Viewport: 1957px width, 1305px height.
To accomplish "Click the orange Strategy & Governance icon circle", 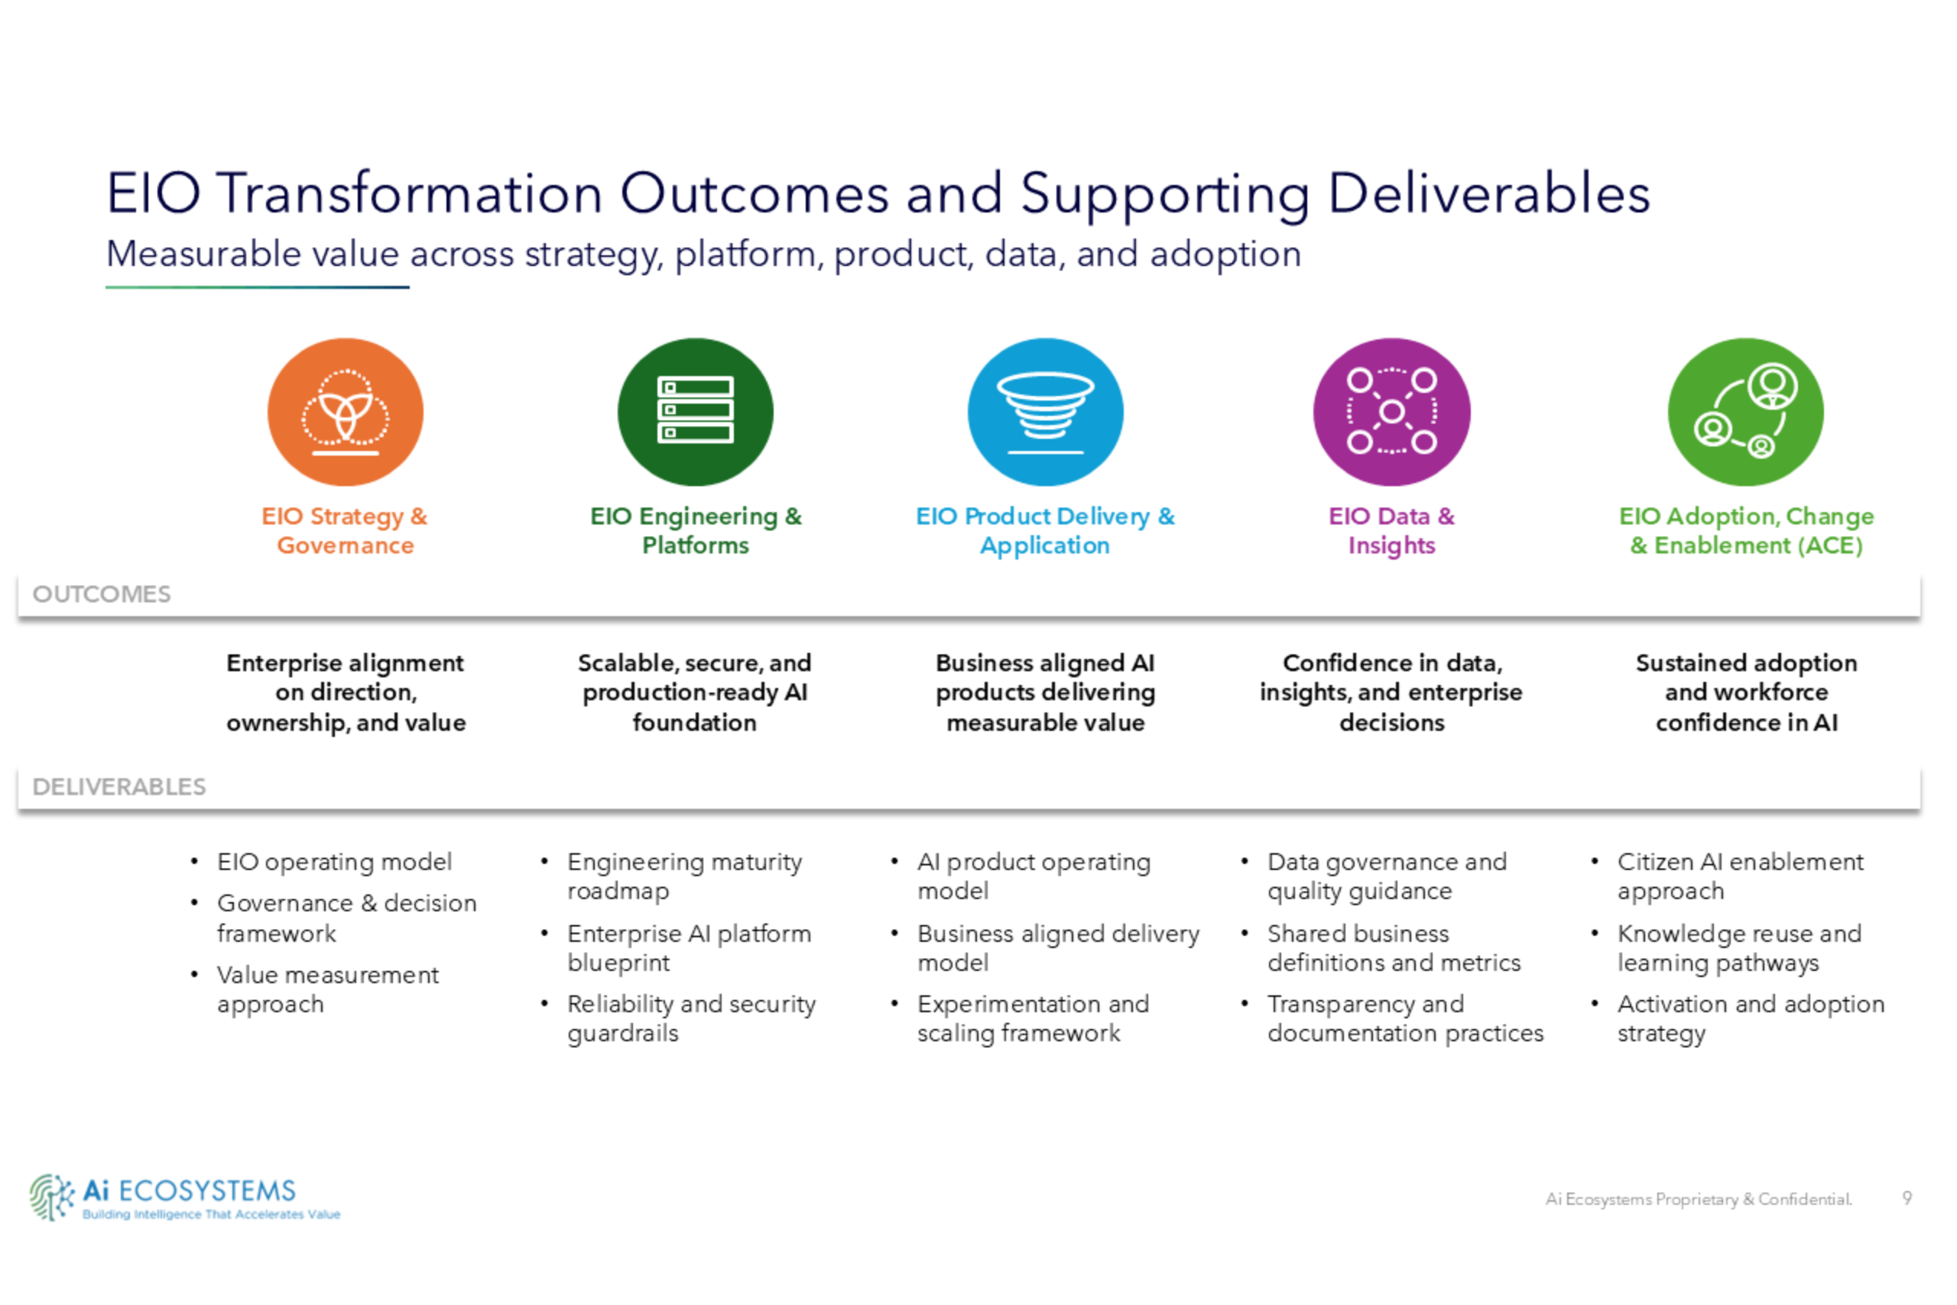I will (346, 412).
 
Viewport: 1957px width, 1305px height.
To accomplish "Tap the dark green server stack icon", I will (696, 412).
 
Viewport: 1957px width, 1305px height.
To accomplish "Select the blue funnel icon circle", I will (1045, 412).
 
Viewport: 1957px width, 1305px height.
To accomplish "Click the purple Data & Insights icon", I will (1391, 412).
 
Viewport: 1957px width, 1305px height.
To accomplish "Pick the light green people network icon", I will (1746, 412).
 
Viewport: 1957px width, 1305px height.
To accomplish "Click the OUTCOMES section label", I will (102, 594).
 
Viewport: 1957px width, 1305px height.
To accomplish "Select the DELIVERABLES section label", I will (119, 787).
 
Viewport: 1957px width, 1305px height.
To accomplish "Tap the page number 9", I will (1907, 1198).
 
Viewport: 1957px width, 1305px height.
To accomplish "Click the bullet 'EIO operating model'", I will (335, 862).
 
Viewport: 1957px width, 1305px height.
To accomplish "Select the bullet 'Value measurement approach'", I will (328, 988).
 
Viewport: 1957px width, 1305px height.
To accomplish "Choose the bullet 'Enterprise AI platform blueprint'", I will (689, 948).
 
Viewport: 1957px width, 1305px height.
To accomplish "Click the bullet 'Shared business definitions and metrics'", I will (1394, 948).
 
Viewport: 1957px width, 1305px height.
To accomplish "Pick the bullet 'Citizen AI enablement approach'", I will (1740, 875).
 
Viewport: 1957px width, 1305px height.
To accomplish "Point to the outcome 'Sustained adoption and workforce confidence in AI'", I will (1746, 693).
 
